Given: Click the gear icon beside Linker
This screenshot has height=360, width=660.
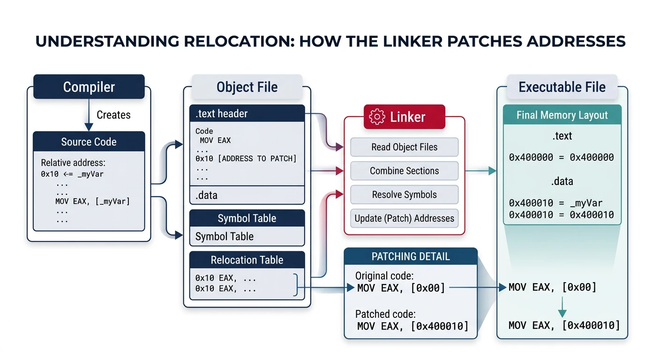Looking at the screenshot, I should click(377, 117).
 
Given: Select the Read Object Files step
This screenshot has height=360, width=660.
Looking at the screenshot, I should click(404, 147).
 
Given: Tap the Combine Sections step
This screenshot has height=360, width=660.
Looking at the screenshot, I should click(404, 171).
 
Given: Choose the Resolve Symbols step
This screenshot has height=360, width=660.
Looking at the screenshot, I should click(404, 195).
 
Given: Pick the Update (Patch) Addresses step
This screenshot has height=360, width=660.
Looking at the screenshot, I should click(404, 218).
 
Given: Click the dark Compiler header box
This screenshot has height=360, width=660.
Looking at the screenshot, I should click(89, 87).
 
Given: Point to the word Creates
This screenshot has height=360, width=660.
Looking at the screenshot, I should click(113, 115).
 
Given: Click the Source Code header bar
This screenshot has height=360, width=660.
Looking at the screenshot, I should click(89, 142).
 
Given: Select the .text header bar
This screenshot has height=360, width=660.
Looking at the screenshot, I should click(247, 113).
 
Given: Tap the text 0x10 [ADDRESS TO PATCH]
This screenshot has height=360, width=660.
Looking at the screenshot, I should click(246, 158).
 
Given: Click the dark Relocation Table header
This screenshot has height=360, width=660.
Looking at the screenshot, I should click(247, 260).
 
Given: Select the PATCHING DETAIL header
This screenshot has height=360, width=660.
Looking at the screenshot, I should click(411, 256).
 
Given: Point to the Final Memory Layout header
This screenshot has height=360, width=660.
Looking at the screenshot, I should click(562, 115).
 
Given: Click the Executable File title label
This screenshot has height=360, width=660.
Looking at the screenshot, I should click(562, 87).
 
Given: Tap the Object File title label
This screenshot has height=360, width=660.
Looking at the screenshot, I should click(247, 87).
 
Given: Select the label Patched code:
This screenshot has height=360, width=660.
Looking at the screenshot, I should click(385, 314).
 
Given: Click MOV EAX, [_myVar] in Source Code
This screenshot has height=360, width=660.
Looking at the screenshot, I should click(92, 202).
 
